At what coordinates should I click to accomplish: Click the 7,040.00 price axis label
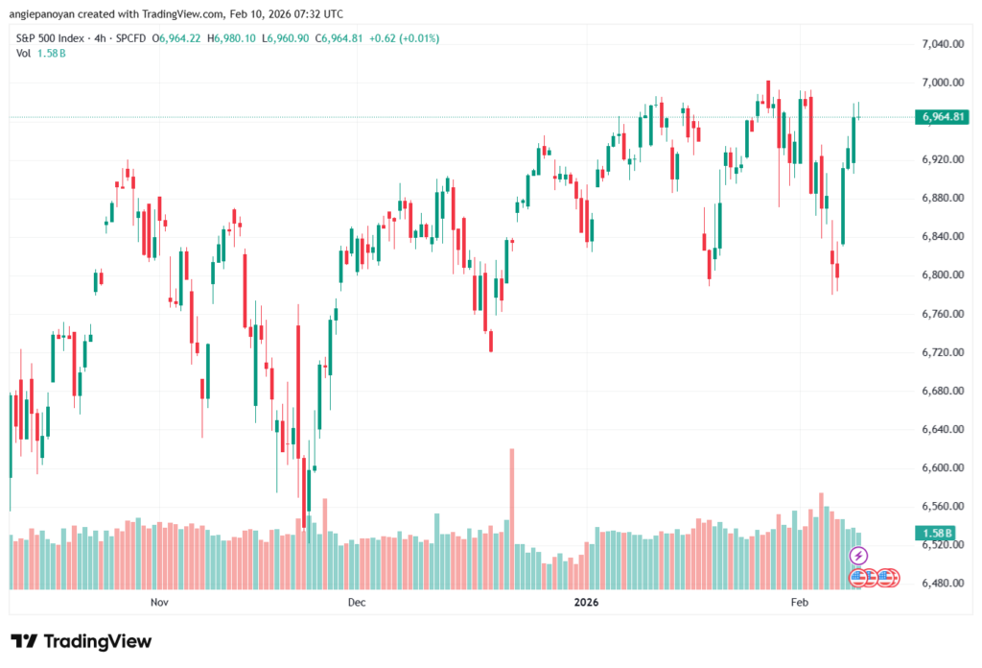940,44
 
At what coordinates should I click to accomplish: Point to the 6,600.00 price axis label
940,467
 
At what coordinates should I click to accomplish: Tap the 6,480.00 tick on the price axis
940,583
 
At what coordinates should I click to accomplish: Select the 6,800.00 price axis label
940,275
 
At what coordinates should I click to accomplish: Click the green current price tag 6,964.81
941,117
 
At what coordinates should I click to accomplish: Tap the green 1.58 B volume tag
935,533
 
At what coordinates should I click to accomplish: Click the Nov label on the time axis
159,602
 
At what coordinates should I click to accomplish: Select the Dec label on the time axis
357,602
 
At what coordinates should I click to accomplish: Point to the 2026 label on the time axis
586,602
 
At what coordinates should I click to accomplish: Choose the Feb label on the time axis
799,602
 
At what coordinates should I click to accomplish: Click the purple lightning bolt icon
859,556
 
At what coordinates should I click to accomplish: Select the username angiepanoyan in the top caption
47,12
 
